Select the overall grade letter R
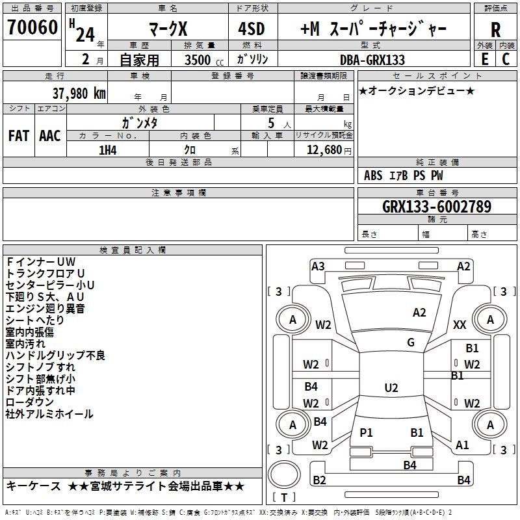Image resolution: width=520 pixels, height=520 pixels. pyautogui.click(x=495, y=29)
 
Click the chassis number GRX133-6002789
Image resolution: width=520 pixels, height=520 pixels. pyautogui.click(x=436, y=207)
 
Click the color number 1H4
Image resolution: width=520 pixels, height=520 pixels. pyautogui.click(x=107, y=149)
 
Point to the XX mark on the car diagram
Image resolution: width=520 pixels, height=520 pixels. pyautogui.click(x=460, y=324)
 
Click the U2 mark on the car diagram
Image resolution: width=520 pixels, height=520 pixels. pyautogui.click(x=391, y=388)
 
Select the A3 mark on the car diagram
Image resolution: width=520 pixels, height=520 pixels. pyautogui.click(x=318, y=266)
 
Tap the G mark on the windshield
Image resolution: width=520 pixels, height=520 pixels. pyautogui.click(x=410, y=343)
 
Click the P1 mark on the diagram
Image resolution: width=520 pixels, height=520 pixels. pyautogui.click(x=366, y=432)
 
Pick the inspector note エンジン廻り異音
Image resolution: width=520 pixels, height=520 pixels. pyautogui.click(x=45, y=309)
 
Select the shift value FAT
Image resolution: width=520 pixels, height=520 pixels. pyautogui.click(x=18, y=136)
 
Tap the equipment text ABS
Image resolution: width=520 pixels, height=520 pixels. pyautogui.click(x=373, y=175)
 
